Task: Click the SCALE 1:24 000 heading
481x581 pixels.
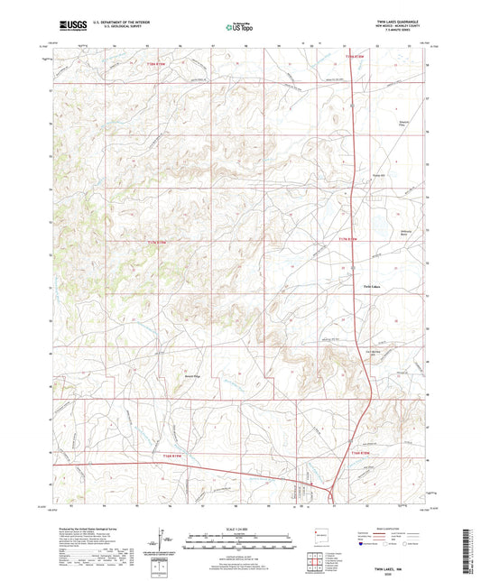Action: pos(240,529)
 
